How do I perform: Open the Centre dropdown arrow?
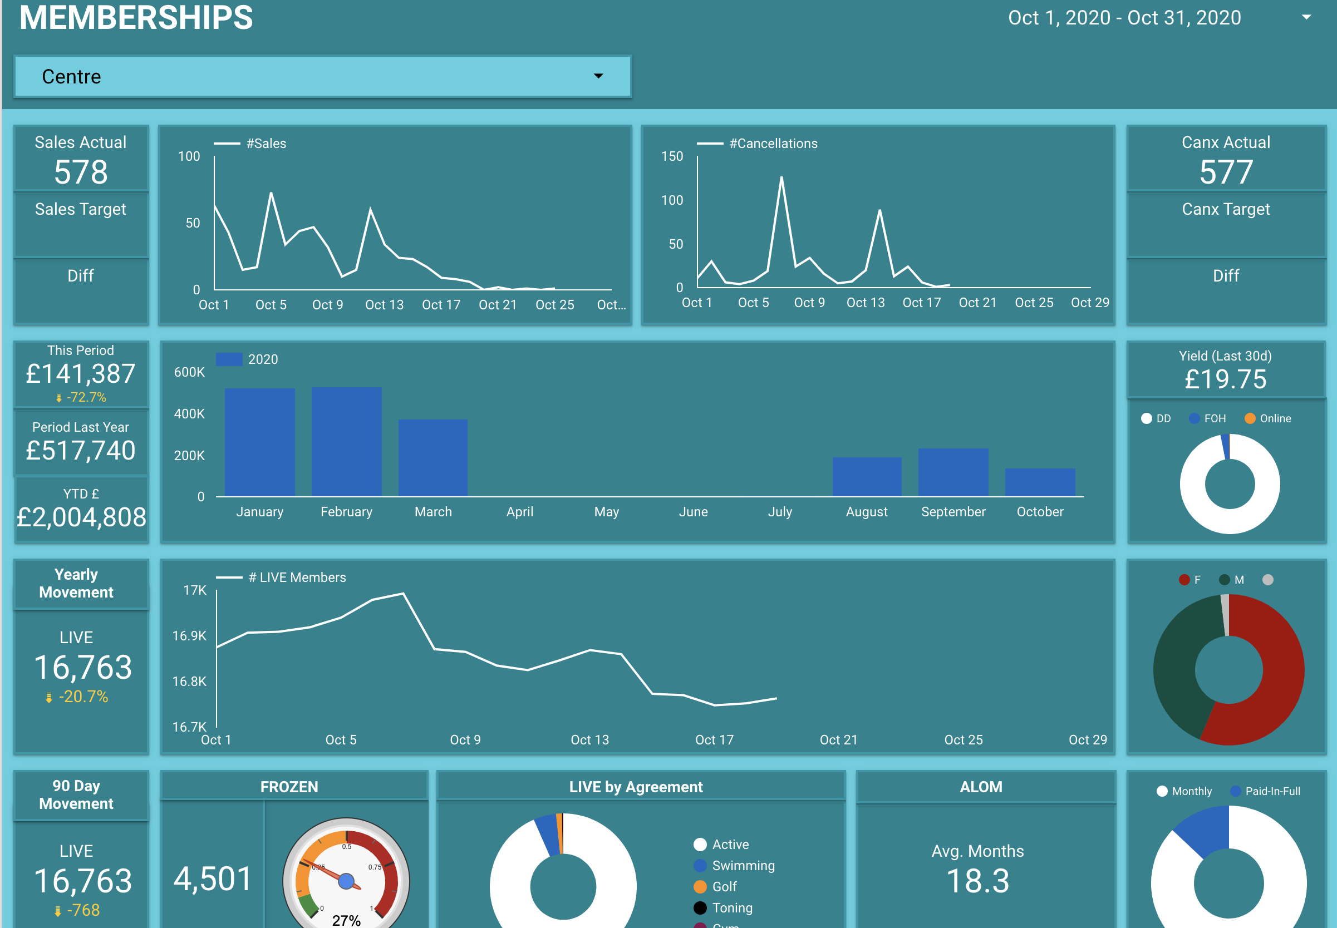(x=598, y=76)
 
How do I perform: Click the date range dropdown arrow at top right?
(x=1306, y=17)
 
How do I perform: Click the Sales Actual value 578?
(x=81, y=172)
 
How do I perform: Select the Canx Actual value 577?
(x=1226, y=172)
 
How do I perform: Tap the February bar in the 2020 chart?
(x=347, y=442)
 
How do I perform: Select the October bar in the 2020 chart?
(x=1040, y=482)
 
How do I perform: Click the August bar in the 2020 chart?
(x=867, y=477)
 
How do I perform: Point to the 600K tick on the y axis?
(x=190, y=372)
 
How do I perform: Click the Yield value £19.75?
(x=1225, y=379)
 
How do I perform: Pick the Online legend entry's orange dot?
(x=1250, y=418)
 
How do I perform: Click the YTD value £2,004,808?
(x=81, y=517)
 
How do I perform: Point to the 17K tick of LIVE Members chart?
(x=195, y=590)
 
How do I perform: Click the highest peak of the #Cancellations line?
(x=781, y=177)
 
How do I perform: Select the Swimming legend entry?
(x=743, y=865)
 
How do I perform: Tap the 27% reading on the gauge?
(x=346, y=920)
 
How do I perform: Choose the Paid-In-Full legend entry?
(x=1272, y=791)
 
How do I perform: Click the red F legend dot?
(x=1183, y=580)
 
